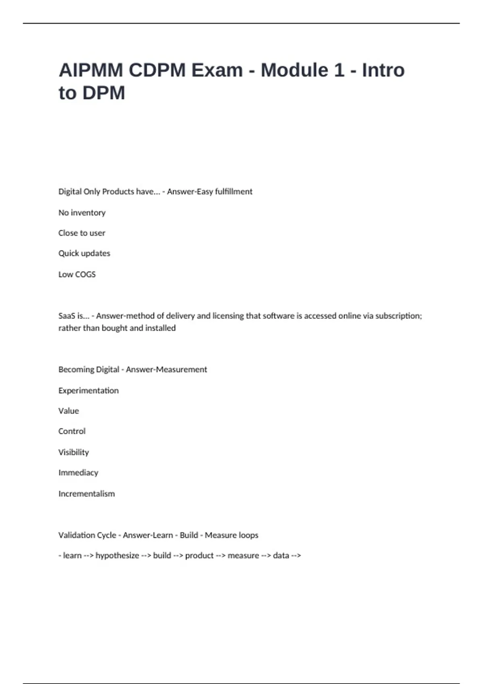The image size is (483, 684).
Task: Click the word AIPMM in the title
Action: coord(91,70)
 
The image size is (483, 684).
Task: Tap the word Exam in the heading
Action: coord(217,70)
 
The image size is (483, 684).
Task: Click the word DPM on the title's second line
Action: coord(104,93)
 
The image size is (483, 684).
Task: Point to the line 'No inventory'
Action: coord(82,212)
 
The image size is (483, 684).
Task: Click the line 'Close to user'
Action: coord(82,233)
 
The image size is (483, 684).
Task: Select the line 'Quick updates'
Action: coord(84,253)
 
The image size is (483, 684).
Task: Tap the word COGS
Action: coord(85,274)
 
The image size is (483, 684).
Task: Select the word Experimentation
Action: coord(89,390)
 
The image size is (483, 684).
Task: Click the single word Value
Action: coord(68,411)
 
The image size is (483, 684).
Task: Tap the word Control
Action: coord(72,431)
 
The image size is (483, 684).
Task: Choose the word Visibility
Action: coord(73,452)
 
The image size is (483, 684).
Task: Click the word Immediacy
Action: coord(78,473)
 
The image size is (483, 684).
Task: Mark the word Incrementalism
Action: coord(87,494)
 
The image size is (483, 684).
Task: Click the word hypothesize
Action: coord(117,556)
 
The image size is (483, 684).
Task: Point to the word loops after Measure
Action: coord(248,535)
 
